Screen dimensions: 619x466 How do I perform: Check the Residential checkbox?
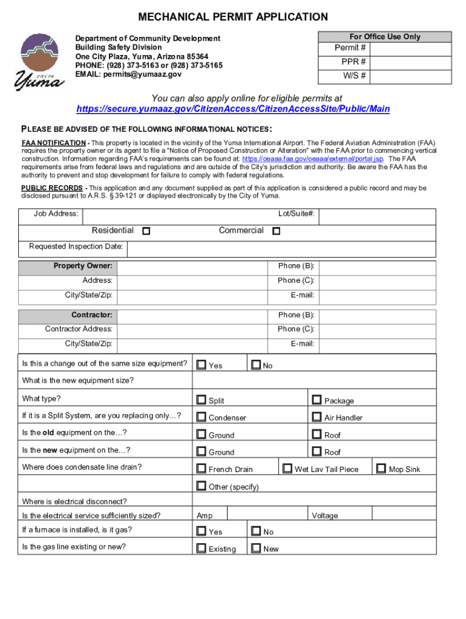coord(146,231)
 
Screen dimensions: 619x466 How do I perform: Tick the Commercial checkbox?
coord(276,231)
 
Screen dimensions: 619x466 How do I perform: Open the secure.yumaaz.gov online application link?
coord(233,109)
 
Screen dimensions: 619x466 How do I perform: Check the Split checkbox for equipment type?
coord(201,400)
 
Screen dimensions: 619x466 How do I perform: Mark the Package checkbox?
coord(317,400)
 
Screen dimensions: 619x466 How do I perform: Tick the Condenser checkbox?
coord(201,416)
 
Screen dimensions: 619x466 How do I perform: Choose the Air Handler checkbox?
coord(317,416)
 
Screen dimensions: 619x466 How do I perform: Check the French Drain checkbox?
coord(201,468)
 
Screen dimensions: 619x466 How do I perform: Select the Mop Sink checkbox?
coord(381,468)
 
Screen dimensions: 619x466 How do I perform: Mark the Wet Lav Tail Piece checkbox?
coord(287,468)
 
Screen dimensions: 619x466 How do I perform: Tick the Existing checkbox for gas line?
coord(201,548)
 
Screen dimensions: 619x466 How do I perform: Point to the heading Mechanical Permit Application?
coord(233,17)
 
